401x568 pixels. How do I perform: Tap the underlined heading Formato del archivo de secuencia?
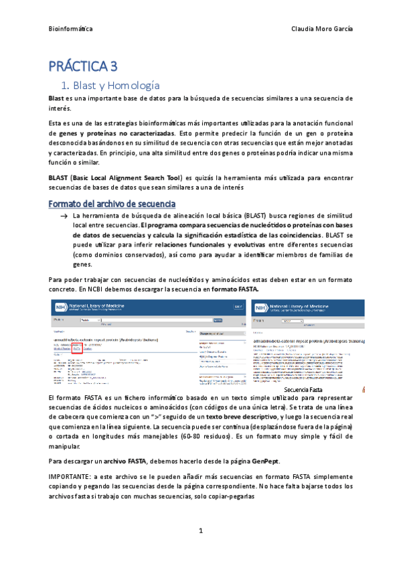112,203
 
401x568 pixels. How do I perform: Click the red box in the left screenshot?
77,348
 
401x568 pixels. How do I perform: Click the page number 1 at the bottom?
200,531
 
